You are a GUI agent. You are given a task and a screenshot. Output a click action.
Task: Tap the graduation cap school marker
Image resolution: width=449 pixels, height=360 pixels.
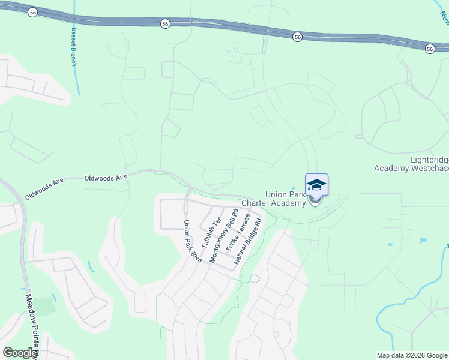pyautogui.click(x=316, y=185)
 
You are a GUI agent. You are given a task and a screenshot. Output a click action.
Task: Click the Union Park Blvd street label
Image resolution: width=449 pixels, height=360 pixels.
pyautogui.click(x=190, y=240)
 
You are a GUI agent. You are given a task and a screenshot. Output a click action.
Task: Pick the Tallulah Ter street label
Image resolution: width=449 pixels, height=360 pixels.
pyautogui.click(x=208, y=233)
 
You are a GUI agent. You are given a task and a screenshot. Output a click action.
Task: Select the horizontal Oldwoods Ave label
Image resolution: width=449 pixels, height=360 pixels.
pyautogui.click(x=106, y=178)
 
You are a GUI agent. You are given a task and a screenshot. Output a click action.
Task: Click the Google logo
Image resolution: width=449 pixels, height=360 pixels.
pyautogui.click(x=20, y=353)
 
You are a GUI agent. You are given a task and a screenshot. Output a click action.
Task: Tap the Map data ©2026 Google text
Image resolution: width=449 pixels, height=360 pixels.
pyautogui.click(x=411, y=355)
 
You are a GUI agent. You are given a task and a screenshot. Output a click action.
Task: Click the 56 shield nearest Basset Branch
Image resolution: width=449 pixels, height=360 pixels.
pyautogui.click(x=33, y=11)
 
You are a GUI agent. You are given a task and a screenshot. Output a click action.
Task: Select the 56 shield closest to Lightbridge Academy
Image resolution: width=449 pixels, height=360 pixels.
pyautogui.click(x=430, y=48)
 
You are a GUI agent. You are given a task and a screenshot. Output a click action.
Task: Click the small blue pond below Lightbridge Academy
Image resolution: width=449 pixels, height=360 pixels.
pyautogui.click(x=423, y=241)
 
